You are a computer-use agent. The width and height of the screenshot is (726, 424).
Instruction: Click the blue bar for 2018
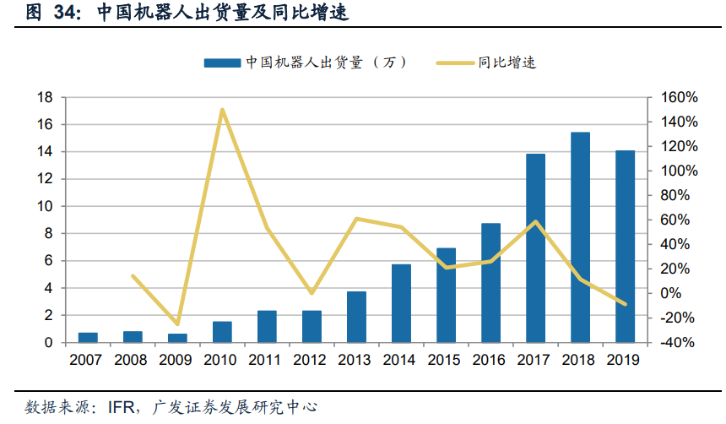(580, 237)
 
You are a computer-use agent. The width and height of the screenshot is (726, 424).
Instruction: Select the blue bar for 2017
(535, 248)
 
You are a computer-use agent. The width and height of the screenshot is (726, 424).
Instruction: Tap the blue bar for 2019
(625, 247)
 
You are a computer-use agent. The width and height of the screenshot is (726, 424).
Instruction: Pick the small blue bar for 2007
(88, 338)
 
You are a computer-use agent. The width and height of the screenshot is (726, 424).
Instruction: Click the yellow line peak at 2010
(222, 110)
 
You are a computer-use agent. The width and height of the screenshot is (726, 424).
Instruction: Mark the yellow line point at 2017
(535, 221)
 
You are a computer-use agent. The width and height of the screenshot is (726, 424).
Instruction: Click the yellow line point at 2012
(312, 293)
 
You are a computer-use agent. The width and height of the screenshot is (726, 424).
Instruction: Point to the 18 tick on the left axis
(45, 98)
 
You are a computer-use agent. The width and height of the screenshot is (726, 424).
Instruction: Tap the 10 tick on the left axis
(45, 207)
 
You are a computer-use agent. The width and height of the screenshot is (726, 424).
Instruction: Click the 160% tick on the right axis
(680, 98)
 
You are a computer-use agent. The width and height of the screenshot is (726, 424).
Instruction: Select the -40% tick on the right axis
(680, 343)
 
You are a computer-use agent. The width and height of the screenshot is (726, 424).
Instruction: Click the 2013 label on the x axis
(355, 360)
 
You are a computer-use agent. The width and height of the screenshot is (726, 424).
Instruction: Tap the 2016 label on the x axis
(490, 360)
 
